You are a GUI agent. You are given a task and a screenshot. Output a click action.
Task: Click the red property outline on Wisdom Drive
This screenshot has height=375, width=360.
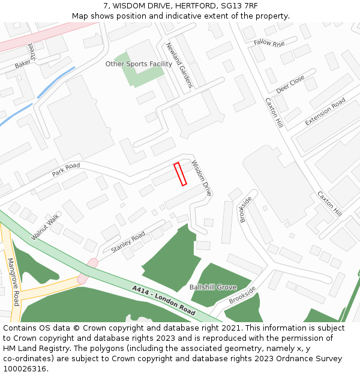click(x=180, y=174)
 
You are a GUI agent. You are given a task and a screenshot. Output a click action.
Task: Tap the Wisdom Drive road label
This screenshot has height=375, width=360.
click(x=202, y=178)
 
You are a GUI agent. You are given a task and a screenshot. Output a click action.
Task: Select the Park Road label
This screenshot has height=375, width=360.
click(x=65, y=170)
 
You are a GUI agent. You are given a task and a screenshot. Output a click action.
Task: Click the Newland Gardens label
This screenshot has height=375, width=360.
click(x=178, y=65)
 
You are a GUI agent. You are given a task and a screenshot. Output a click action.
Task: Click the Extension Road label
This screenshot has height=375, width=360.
click(x=325, y=112)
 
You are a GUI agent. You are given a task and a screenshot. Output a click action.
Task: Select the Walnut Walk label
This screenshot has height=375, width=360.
click(x=46, y=226)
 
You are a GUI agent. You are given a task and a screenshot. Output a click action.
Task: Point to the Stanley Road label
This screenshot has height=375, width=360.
click(x=128, y=242)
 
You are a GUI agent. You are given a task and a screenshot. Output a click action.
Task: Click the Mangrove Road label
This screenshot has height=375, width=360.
click(x=14, y=282)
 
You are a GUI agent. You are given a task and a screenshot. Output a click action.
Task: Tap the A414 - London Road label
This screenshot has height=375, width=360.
click(x=164, y=301)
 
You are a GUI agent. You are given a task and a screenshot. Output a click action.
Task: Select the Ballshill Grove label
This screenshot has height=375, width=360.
click(x=213, y=287)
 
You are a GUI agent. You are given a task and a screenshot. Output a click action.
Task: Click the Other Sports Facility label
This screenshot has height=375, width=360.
click(x=139, y=64)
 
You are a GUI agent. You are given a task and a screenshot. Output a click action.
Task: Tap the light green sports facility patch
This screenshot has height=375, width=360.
click(x=144, y=76)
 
